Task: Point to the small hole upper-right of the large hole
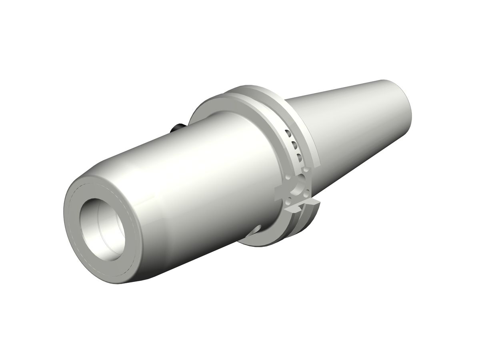(x=307, y=171)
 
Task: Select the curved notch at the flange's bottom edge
(x=256, y=230)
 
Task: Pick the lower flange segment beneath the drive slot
(x=304, y=224)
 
